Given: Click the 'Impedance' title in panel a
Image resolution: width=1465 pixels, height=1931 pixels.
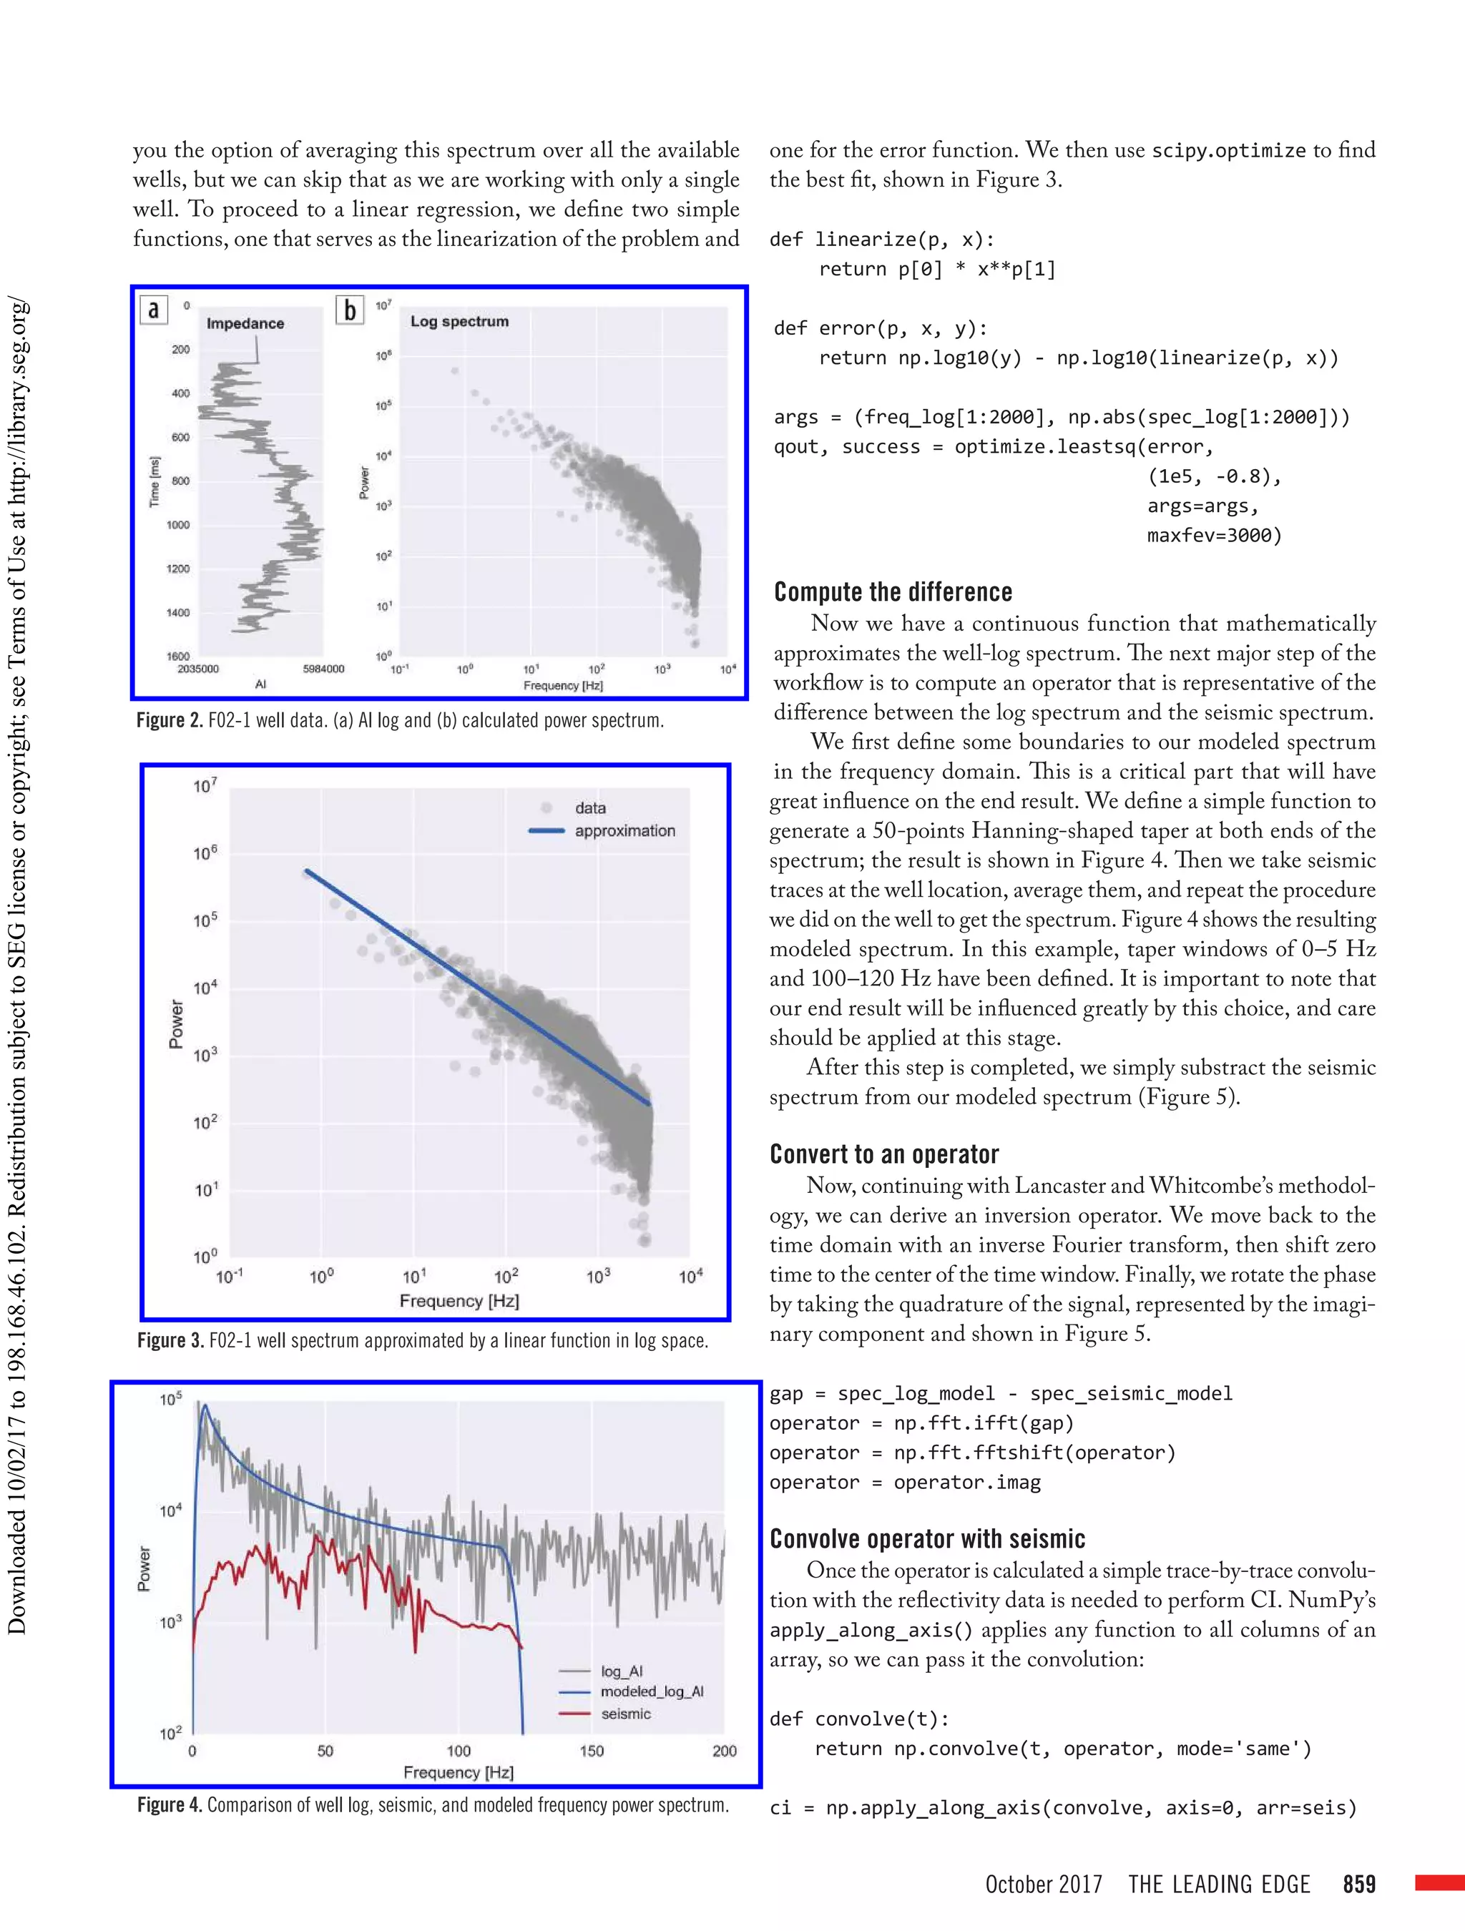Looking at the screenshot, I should click(x=245, y=323).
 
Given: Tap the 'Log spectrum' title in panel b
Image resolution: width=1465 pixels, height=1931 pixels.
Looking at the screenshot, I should click(x=459, y=321).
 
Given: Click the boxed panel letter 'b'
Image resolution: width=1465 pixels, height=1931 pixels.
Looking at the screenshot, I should click(x=349, y=310).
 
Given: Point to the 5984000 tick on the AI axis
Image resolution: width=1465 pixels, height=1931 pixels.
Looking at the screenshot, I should click(x=323, y=669).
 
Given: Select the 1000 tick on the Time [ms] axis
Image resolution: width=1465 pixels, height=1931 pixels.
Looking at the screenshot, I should click(x=178, y=525).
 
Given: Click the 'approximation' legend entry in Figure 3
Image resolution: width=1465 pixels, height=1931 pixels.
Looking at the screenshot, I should click(x=624, y=830).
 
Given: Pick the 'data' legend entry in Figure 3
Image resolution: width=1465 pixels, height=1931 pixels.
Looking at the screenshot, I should click(x=590, y=807).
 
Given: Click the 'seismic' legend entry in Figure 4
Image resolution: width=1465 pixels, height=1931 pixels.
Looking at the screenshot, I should click(x=625, y=1714).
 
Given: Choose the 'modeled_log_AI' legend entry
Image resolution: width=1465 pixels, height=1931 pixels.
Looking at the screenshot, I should click(x=651, y=1691).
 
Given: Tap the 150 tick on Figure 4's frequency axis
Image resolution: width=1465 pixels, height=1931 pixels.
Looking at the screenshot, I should click(x=592, y=1750).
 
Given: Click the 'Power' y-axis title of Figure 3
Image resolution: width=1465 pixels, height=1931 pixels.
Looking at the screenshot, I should click(x=177, y=1024).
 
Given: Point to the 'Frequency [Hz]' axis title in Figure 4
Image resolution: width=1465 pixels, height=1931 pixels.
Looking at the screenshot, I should click(x=459, y=1772).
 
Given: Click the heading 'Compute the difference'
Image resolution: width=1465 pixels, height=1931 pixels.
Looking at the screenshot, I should click(x=892, y=592).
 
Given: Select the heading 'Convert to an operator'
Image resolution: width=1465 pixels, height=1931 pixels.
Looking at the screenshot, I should click(x=883, y=1154).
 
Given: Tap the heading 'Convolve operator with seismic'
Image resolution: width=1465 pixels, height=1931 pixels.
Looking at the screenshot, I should click(x=927, y=1538).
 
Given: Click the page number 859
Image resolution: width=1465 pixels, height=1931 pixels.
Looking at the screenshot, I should click(x=1358, y=1884).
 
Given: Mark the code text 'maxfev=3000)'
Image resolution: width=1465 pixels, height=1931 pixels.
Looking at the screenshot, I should click(x=1213, y=535).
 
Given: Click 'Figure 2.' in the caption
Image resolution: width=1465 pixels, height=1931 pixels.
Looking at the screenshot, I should click(x=170, y=720).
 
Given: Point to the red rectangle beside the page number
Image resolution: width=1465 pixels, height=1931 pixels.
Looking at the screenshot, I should click(x=1439, y=1882).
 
